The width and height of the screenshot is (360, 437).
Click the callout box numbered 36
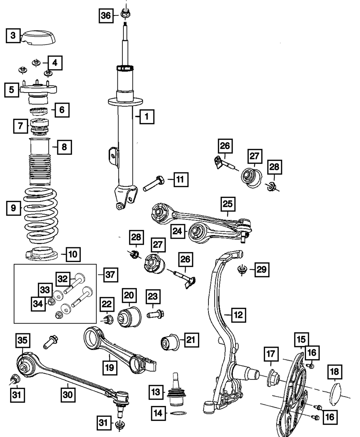[x=106, y=16]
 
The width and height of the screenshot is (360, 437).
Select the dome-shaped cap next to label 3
[x=38, y=38]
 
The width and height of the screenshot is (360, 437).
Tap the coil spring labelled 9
[x=41, y=216]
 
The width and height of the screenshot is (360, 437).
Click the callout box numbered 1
[x=147, y=117]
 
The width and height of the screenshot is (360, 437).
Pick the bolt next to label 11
[x=154, y=183]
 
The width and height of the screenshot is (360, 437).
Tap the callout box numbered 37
[x=111, y=275]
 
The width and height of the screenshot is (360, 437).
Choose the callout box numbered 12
[x=239, y=315]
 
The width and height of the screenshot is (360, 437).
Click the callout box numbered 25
[x=228, y=204]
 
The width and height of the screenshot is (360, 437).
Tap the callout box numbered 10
[x=73, y=254]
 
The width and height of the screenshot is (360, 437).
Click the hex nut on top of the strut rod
[x=125, y=14]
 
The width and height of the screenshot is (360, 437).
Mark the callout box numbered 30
[x=68, y=395]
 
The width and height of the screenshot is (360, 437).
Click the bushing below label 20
[x=129, y=317]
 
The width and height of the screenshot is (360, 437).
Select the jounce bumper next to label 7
[x=40, y=127]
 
